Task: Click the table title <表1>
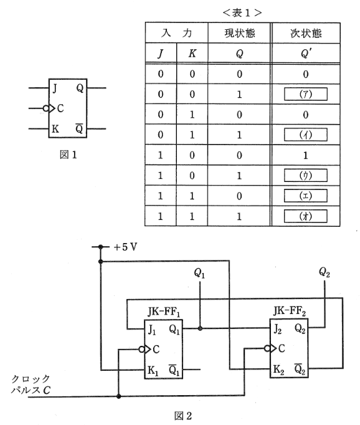(248, 12)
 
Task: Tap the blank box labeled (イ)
(305, 134)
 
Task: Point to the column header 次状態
(305, 32)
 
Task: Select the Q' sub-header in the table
(305, 54)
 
